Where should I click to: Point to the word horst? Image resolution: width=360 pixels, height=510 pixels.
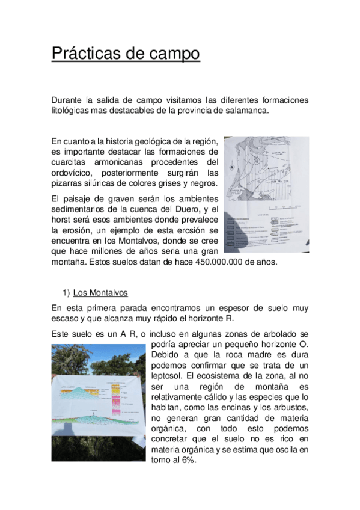[x=62, y=220]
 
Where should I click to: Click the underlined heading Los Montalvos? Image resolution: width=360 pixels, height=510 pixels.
[x=100, y=293]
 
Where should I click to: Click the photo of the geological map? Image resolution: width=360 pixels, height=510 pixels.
[x=266, y=194]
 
